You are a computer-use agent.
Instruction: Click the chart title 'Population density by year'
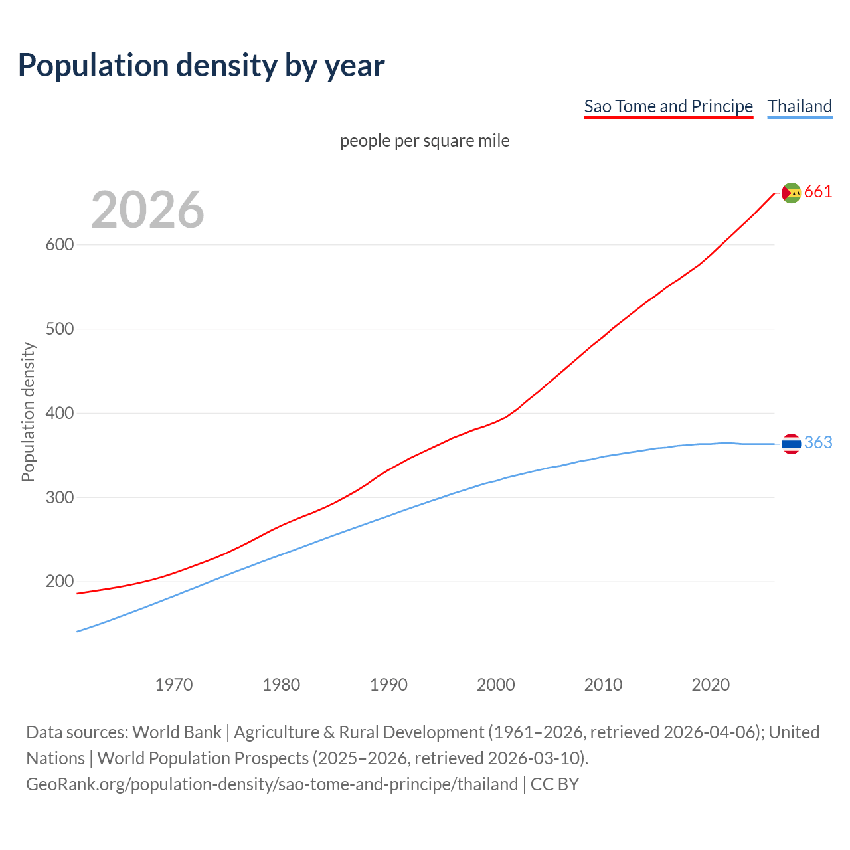click(201, 66)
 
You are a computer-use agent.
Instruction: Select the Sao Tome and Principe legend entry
click(668, 106)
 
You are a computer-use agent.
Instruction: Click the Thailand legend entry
click(800, 106)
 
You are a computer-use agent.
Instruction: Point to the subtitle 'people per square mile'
click(424, 141)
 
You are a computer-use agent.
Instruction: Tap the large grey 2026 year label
click(147, 210)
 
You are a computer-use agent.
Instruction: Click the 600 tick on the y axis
click(59, 244)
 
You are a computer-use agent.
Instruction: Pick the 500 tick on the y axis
click(59, 329)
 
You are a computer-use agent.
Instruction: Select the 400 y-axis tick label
click(59, 413)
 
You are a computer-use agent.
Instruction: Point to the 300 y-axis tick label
click(59, 497)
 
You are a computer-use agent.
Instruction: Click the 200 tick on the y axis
click(59, 582)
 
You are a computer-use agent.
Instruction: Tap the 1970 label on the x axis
click(174, 685)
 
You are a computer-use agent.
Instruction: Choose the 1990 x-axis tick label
click(388, 685)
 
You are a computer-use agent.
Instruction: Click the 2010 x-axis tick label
click(603, 685)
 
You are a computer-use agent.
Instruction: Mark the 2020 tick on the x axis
click(711, 685)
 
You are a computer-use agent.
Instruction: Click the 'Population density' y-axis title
click(28, 412)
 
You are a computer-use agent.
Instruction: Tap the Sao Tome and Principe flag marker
click(791, 193)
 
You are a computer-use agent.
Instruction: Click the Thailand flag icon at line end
click(791, 444)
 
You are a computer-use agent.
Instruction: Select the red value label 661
click(818, 192)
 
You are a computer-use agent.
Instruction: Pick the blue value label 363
click(818, 443)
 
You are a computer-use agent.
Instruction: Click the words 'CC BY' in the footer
click(554, 784)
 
